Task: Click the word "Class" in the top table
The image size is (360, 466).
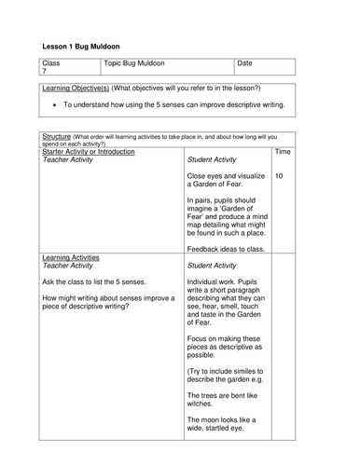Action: pyautogui.click(x=51, y=63)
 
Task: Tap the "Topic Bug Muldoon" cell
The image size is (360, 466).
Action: pyautogui.click(x=133, y=63)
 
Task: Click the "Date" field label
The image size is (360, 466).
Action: pyautogui.click(x=245, y=63)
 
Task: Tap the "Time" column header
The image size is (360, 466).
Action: pyautogui.click(x=284, y=151)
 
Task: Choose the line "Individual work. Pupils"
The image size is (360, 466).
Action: pyautogui.click(x=229, y=281)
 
